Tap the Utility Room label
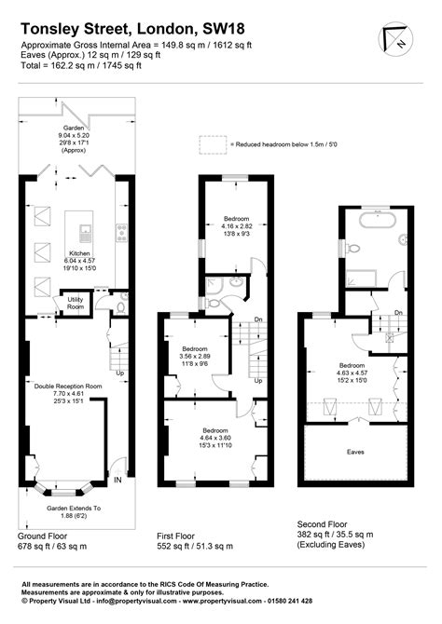(75, 303)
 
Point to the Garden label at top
(74, 127)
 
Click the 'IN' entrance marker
(118, 480)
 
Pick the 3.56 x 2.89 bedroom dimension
(196, 357)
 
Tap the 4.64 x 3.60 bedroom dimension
(214, 438)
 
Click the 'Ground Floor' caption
(44, 537)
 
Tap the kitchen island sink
(86, 230)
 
